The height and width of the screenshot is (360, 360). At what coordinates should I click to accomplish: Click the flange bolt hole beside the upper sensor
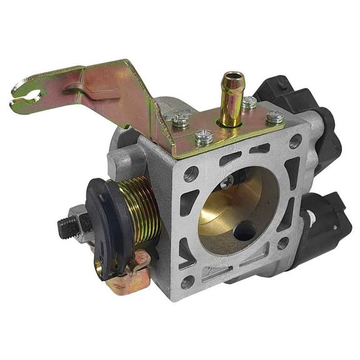coord(295,141)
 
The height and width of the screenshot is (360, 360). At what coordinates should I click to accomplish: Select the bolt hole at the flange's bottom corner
coord(188,282)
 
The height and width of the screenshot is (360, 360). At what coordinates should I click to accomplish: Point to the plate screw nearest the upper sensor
coord(274,117)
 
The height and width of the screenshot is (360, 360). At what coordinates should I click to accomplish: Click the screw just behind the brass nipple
coord(249,102)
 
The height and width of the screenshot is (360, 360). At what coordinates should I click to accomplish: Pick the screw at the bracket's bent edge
coord(180,122)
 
